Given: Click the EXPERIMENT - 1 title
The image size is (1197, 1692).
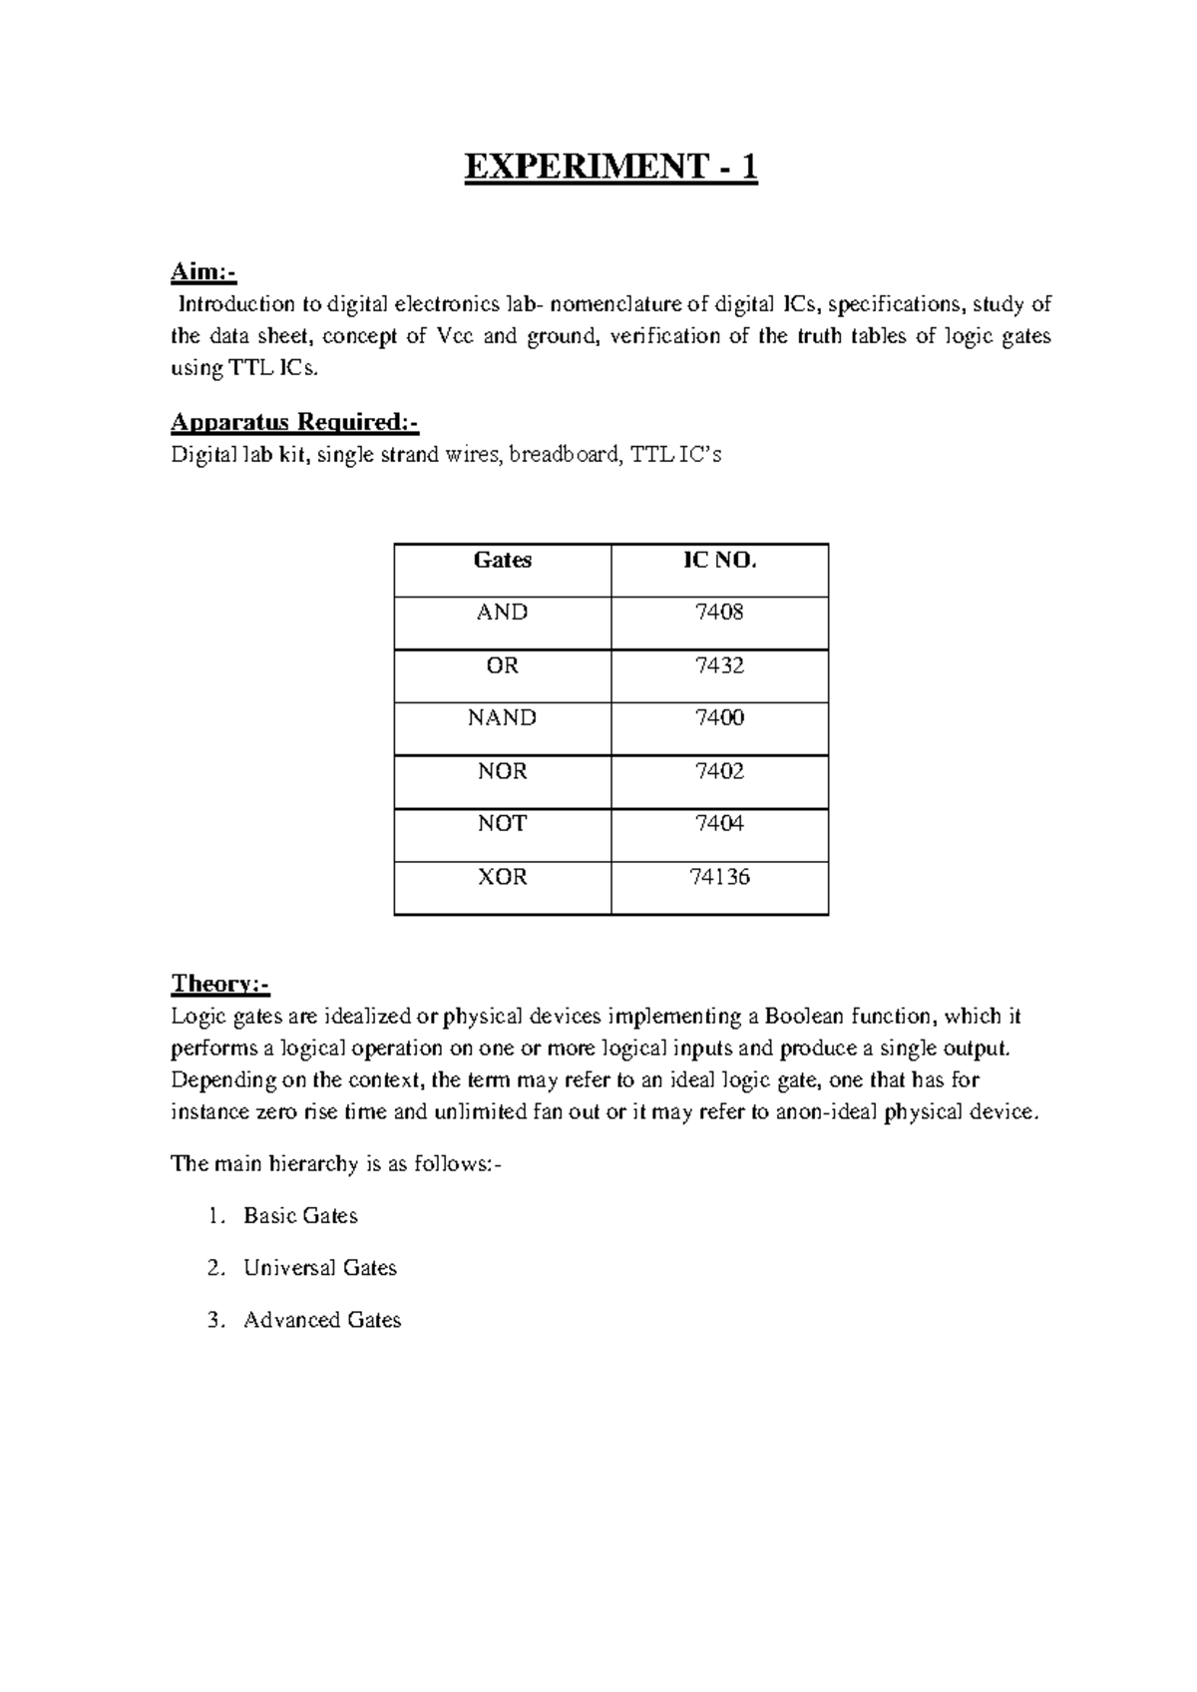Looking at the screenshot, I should [x=610, y=168].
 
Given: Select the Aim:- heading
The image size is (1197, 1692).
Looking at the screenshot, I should [x=203, y=271].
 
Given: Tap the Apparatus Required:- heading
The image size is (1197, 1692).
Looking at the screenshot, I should [x=294, y=423].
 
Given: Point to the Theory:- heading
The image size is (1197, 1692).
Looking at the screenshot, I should [x=220, y=984].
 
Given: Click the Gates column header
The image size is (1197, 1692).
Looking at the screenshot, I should [x=502, y=561].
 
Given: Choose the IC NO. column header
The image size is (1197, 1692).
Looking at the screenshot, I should [x=719, y=561].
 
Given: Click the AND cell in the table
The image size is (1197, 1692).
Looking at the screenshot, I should [x=502, y=613].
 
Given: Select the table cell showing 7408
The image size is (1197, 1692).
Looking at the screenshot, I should [x=719, y=613].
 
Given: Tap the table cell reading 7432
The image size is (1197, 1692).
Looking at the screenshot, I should [x=719, y=665].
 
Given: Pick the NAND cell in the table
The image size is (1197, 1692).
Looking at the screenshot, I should [x=502, y=718].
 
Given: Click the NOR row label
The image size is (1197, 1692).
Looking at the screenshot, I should [x=502, y=771].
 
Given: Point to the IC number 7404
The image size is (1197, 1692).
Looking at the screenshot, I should [x=719, y=824].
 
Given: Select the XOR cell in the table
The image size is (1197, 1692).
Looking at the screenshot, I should [x=502, y=877].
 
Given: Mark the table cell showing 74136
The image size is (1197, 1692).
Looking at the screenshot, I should [x=719, y=877].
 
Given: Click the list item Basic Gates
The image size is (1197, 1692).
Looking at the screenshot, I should [x=300, y=1216].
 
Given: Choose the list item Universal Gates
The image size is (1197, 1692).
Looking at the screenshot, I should [x=319, y=1268].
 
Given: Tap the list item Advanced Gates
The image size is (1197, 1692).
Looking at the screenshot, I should [x=321, y=1320].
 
